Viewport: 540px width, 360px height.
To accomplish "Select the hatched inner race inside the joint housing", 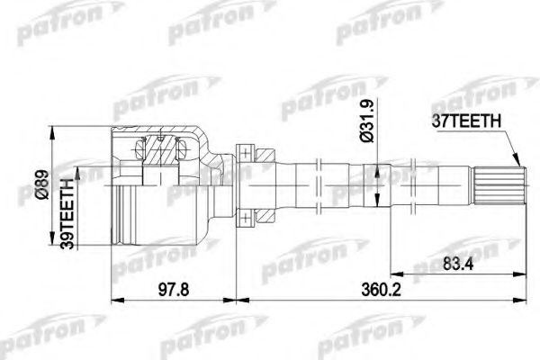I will tap(164, 153).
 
